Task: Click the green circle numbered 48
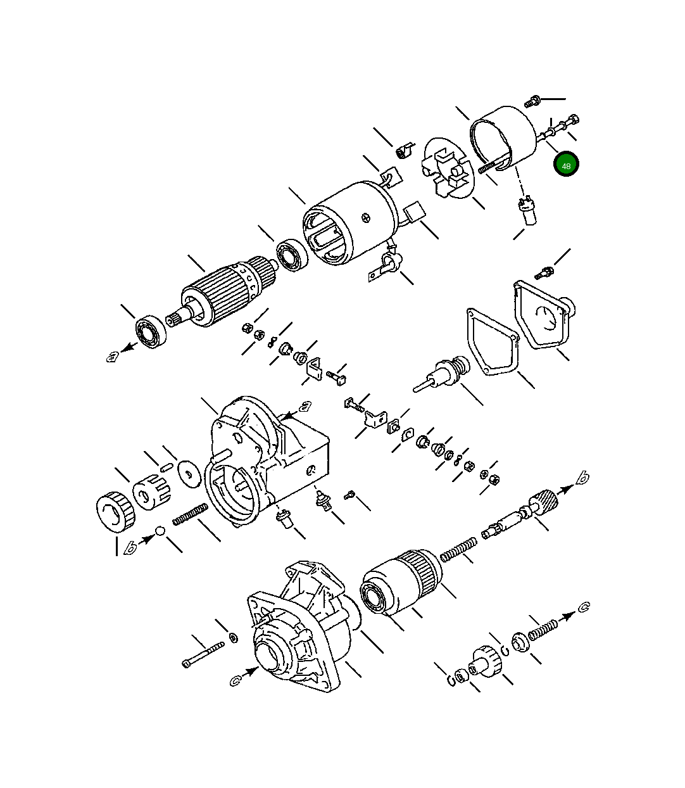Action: tap(566, 165)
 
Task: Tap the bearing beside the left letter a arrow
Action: tap(151, 331)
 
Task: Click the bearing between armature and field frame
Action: tap(292, 255)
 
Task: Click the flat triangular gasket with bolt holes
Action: tap(493, 343)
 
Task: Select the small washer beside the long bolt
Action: tap(233, 637)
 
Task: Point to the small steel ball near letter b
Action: tap(160, 531)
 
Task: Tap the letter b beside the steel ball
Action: tap(131, 547)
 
